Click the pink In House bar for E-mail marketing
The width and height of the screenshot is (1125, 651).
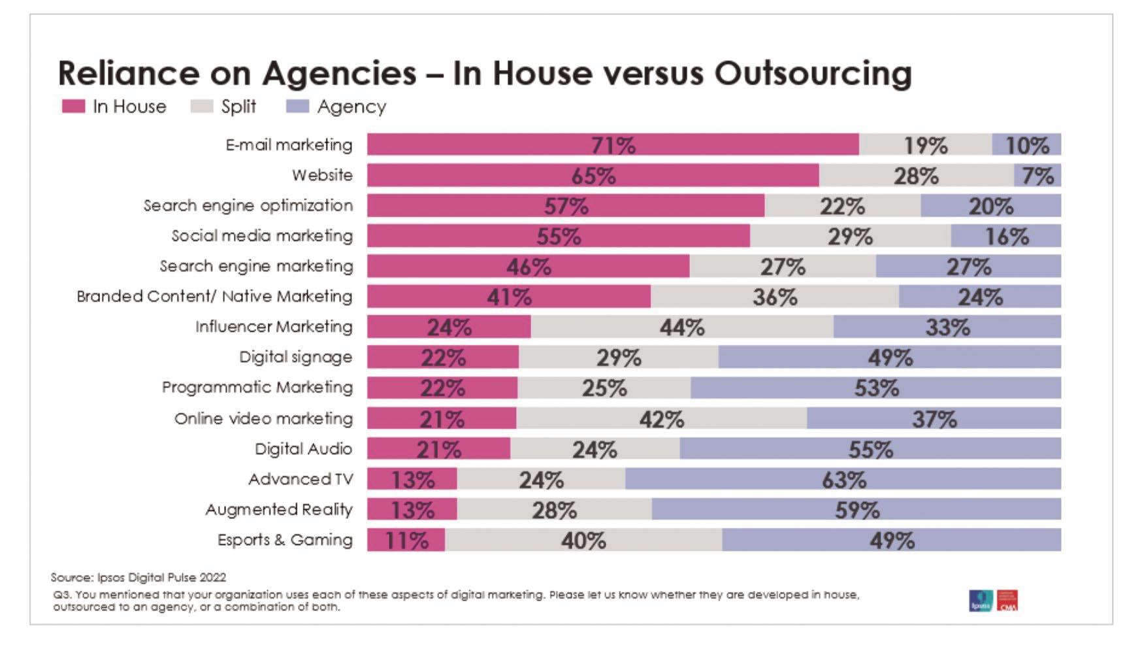pos(613,144)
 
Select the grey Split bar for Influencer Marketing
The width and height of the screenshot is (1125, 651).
pos(682,327)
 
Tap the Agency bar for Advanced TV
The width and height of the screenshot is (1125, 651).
pos(843,480)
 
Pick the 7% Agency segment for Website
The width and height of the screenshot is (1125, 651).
pos(1037,175)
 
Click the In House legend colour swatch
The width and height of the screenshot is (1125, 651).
pos(73,107)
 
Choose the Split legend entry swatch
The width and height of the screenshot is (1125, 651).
pos(201,107)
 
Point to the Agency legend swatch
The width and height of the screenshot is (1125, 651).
pos(297,107)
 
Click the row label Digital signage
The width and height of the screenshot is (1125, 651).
pos(295,357)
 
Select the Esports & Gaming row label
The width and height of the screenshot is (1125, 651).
pos(285,540)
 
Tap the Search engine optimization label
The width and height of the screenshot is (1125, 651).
pos(248,205)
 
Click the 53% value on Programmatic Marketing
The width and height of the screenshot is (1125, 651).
pos(876,388)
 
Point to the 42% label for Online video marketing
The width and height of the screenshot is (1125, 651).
pos(661,419)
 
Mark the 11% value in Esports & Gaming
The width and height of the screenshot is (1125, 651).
pos(406,541)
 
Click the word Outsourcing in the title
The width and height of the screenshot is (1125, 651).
pos(813,73)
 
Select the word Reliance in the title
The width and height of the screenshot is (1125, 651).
pos(128,73)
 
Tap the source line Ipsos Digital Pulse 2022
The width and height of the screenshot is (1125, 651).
pos(139,577)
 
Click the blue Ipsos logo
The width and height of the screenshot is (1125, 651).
pos(981,601)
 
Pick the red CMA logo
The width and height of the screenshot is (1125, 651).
pos(1007,601)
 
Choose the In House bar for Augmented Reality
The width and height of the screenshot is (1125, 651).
pos(412,510)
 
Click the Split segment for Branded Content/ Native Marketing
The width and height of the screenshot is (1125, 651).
pos(775,297)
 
